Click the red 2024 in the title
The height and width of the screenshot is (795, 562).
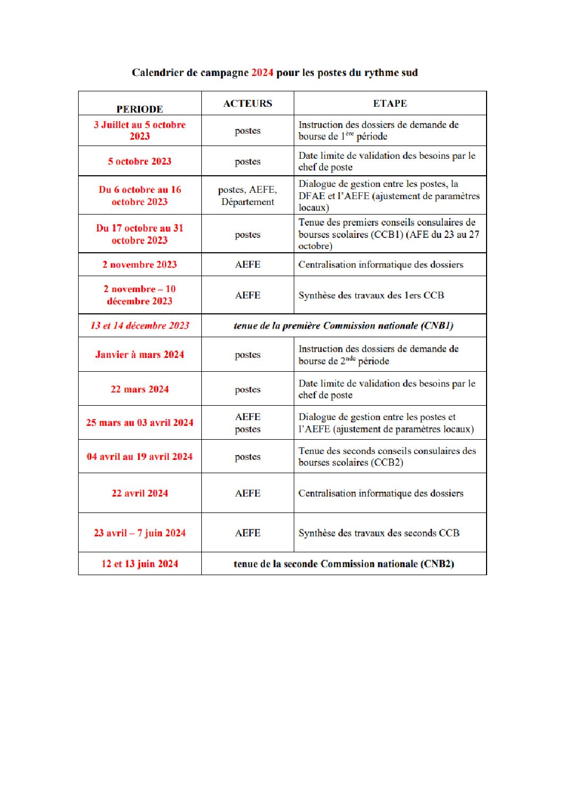(x=262, y=73)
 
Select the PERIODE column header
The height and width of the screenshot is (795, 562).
(x=140, y=109)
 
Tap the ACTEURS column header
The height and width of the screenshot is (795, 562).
(x=248, y=104)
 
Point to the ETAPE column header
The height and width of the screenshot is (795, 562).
(x=390, y=104)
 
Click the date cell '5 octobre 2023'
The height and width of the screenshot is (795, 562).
(x=140, y=161)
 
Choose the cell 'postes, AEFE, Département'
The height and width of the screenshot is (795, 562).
(x=248, y=195)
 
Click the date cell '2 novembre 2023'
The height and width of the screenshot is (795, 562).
(x=140, y=264)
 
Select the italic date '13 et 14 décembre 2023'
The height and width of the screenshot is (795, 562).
(x=140, y=326)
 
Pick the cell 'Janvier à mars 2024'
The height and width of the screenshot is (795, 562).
(x=140, y=355)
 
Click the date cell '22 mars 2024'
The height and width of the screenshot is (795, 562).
(x=140, y=389)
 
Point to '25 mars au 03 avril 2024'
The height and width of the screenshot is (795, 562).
(x=140, y=423)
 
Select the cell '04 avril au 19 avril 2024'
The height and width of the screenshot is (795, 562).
(x=140, y=457)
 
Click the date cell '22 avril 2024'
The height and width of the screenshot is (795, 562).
(x=140, y=493)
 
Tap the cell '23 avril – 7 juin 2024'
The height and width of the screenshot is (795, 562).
(x=140, y=533)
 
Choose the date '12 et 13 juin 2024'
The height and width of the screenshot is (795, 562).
(x=140, y=564)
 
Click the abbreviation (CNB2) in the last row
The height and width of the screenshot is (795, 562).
(x=437, y=564)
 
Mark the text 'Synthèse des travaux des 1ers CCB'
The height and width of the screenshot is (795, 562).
(x=371, y=295)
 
